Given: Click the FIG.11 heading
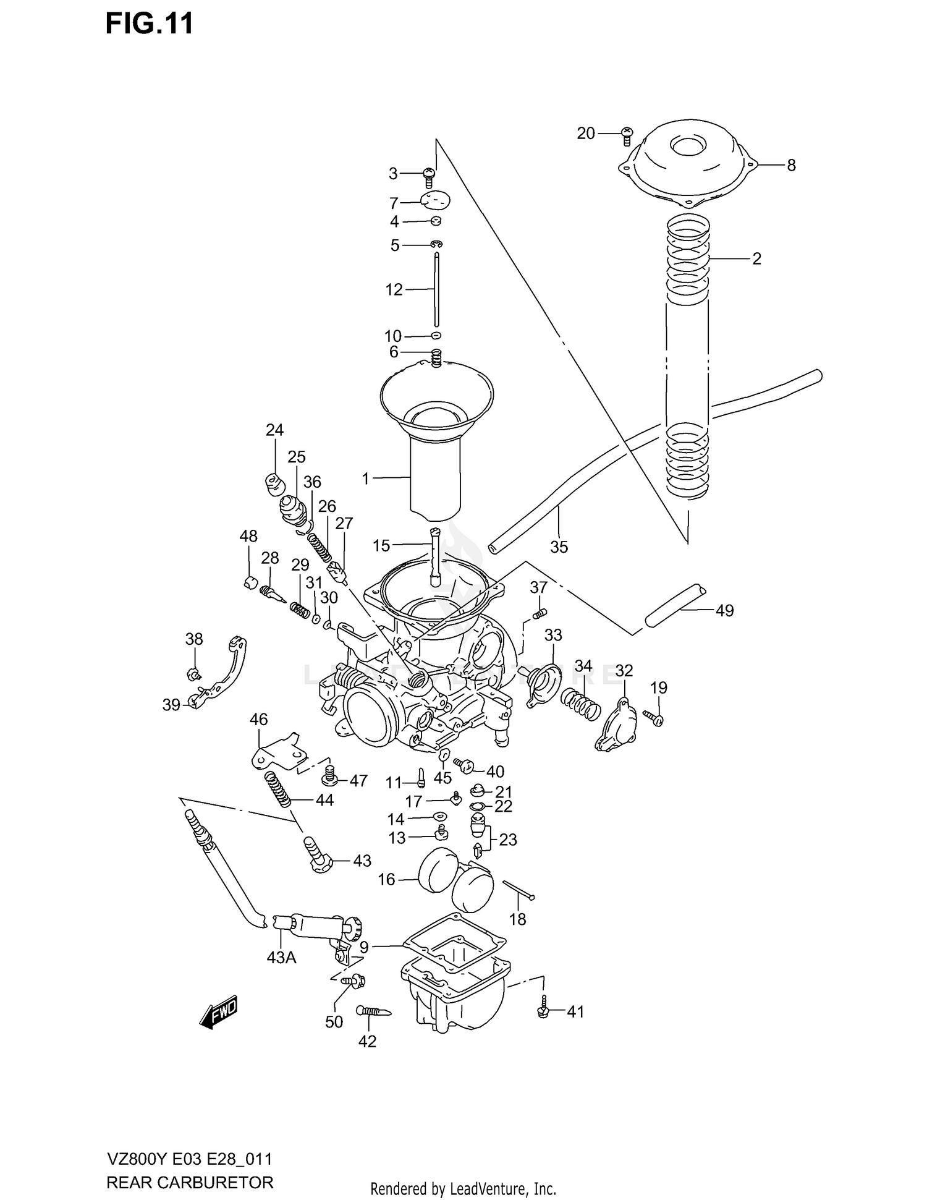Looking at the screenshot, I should click(150, 23).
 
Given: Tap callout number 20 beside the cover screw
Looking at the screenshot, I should click(585, 133).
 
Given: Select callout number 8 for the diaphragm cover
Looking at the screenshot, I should click(791, 165).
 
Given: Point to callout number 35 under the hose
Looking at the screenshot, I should click(559, 547).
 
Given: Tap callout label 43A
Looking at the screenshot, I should click(281, 958).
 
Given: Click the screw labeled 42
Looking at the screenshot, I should click(373, 1011).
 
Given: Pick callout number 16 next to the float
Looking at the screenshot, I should click(386, 879).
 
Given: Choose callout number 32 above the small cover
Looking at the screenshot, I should click(624, 670).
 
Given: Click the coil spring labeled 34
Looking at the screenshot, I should click(581, 705).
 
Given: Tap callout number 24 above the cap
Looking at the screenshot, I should click(274, 430).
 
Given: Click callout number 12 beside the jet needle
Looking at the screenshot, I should click(394, 289).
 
